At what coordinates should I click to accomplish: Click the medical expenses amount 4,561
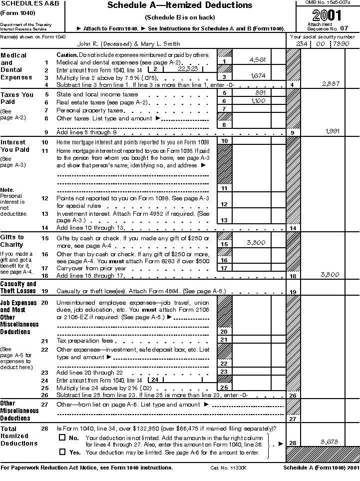click(x=257, y=60)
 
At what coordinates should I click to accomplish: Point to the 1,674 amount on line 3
click(x=257, y=76)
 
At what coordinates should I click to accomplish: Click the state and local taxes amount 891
click(x=260, y=93)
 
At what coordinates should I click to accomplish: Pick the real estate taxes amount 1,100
click(x=257, y=101)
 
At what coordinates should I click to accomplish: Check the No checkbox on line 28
click(x=62, y=438)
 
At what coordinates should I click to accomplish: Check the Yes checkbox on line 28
click(x=62, y=452)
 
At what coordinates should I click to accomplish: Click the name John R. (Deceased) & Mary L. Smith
click(x=129, y=44)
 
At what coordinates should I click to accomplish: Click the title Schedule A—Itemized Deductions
click(x=180, y=6)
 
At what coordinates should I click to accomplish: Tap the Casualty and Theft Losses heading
click(x=18, y=287)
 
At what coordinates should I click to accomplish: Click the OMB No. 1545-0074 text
click(x=327, y=3)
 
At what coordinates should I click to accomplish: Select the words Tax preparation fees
click(x=85, y=341)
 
